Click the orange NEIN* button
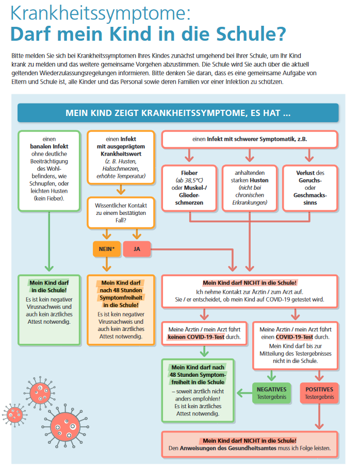click(107, 249)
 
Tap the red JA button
click(137, 249)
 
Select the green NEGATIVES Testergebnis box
click(272, 393)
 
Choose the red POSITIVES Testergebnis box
click(319, 393)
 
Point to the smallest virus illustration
click(14, 414)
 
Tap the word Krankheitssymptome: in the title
click(101, 13)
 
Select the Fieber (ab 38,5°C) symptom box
click(189, 188)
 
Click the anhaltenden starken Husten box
click(250, 188)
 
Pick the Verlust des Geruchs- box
click(310, 188)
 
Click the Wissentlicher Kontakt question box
click(121, 213)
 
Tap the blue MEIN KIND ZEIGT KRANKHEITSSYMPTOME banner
click(178, 113)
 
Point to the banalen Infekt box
click(50, 171)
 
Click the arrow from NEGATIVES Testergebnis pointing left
click(244, 393)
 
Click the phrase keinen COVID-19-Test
click(196, 337)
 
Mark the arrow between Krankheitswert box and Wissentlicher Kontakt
click(121, 190)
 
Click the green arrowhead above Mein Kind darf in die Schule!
click(50, 268)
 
